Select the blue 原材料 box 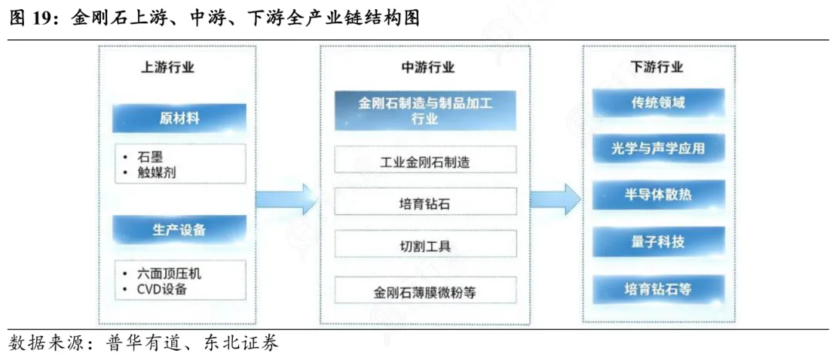(x=179, y=118)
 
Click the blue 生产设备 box (x=179, y=230)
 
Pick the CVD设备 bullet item (x=155, y=289)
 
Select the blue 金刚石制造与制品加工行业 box (x=426, y=111)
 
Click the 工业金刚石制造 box (x=426, y=159)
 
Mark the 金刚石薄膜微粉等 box (x=426, y=291)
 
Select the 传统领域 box (x=658, y=103)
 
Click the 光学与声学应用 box (x=658, y=149)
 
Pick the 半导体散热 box (x=658, y=195)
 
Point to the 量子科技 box (x=658, y=242)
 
